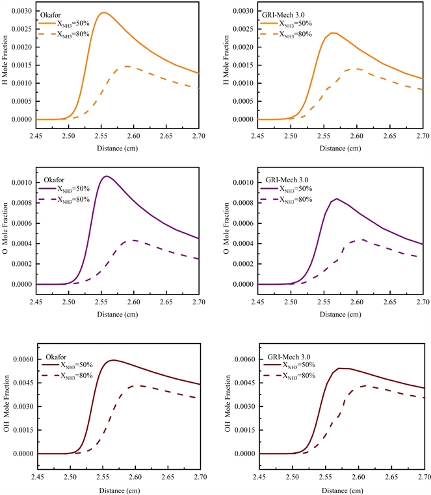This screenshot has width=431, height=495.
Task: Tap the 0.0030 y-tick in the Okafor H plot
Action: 20,12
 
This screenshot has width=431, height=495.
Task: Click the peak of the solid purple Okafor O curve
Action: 107,176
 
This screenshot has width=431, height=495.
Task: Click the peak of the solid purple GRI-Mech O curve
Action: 336,199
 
